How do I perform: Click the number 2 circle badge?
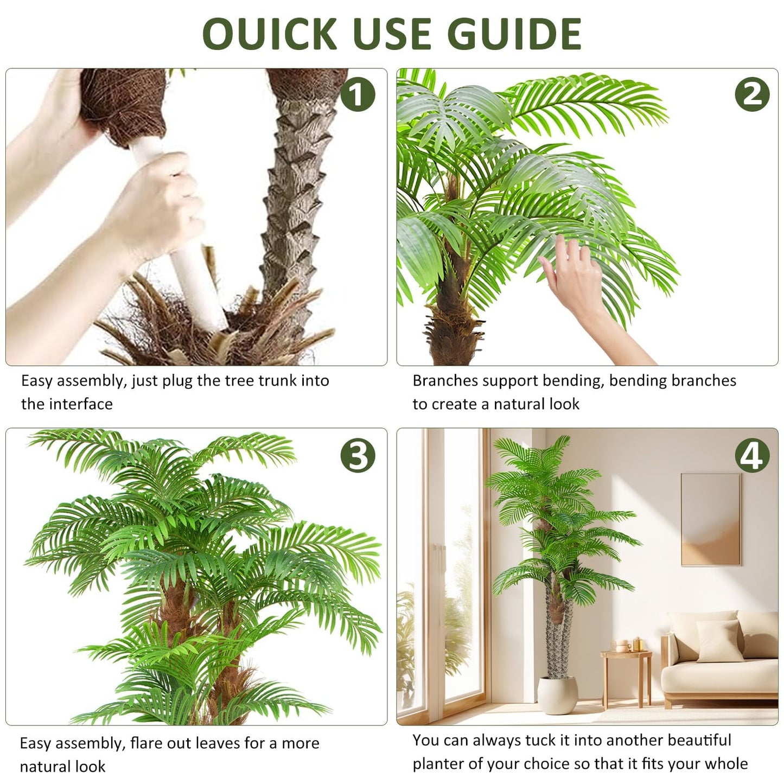point(752,94)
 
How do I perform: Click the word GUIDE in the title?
point(515,34)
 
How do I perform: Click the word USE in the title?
point(392,34)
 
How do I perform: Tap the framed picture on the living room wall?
point(710,519)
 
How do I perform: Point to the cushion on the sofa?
point(720,640)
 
